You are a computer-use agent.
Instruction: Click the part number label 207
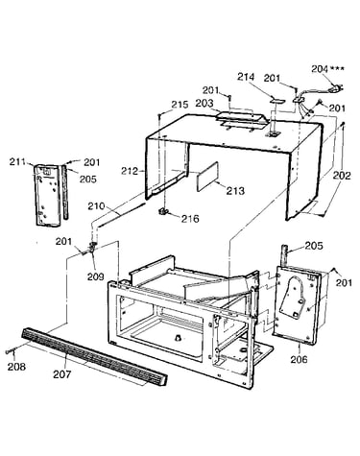61,373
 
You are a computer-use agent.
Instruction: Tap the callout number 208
16,367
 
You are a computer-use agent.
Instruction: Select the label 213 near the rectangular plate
235,191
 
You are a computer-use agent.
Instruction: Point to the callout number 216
190,219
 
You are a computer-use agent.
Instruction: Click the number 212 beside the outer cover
130,171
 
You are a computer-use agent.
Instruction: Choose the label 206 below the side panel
299,359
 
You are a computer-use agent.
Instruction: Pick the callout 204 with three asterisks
328,68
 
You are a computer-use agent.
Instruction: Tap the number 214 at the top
246,77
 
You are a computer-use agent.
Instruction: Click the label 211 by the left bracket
17,162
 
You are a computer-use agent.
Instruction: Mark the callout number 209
96,276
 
